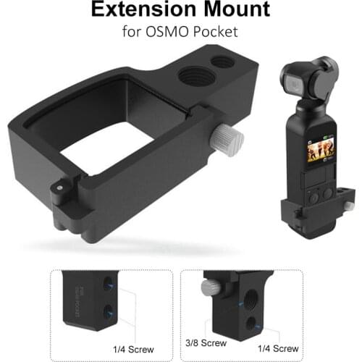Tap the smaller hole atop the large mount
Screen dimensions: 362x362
pos(223,62)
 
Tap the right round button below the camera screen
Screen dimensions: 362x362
pos(328,193)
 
